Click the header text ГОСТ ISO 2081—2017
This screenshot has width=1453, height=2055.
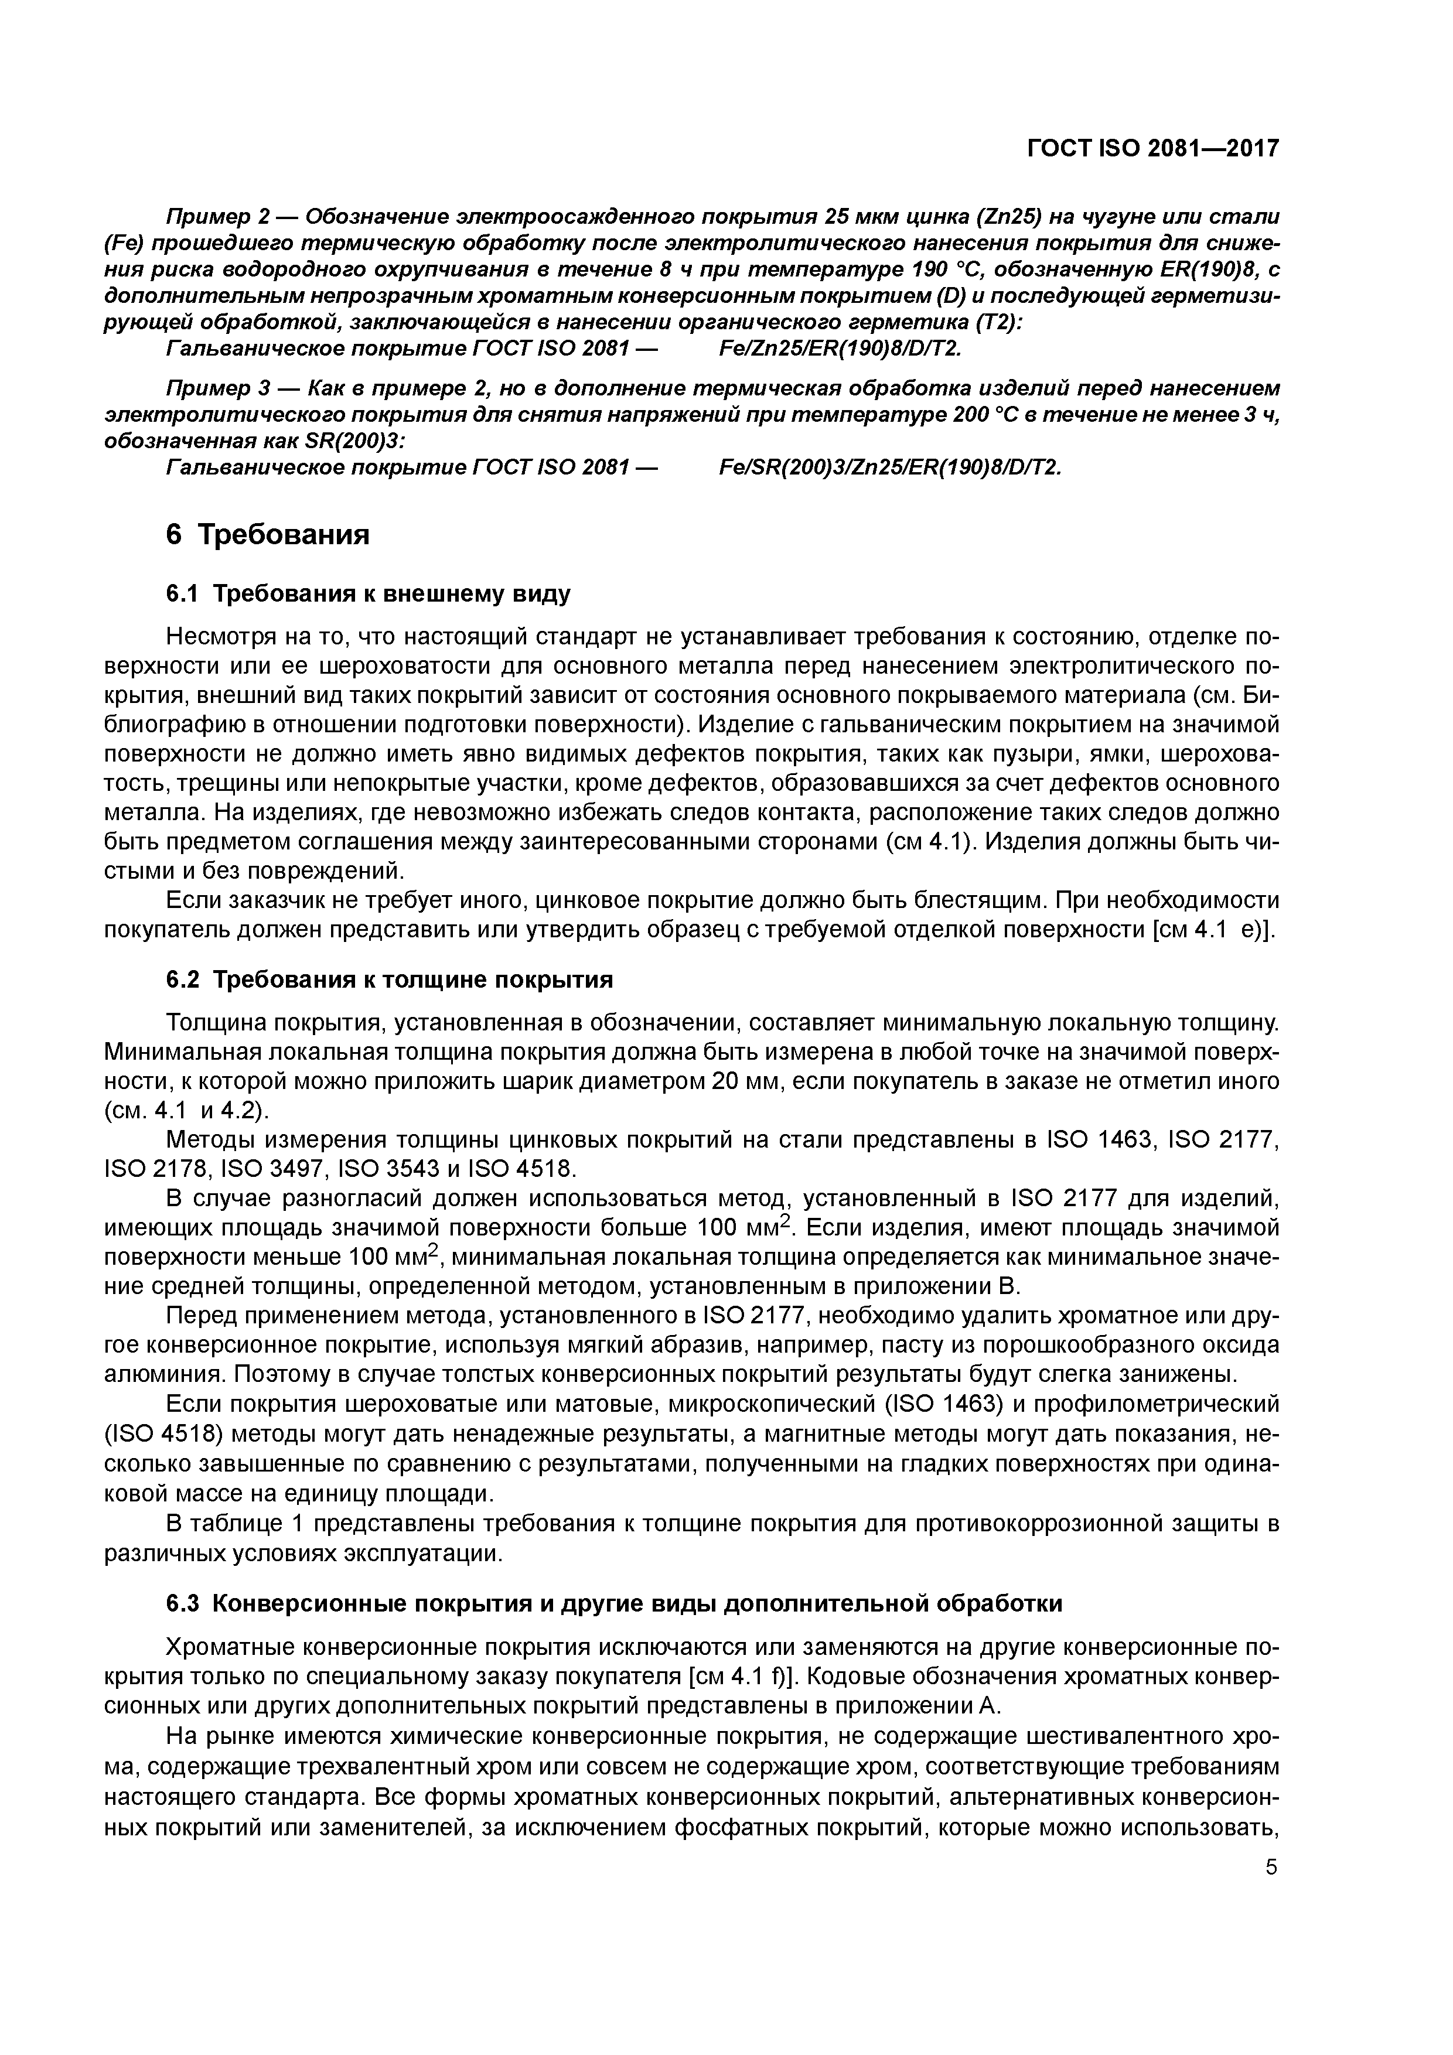point(1152,148)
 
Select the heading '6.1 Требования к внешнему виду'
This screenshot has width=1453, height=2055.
point(367,595)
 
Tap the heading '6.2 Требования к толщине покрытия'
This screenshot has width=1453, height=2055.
point(390,980)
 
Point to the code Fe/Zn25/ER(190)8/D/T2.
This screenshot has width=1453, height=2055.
point(840,348)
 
